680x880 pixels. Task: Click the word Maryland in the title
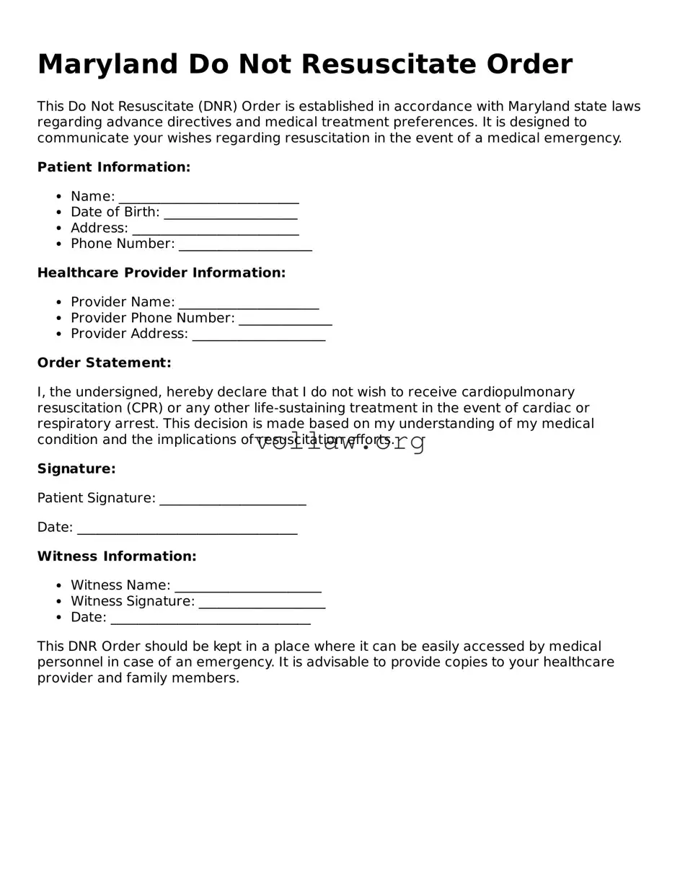point(108,65)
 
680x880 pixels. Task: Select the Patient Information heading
point(114,167)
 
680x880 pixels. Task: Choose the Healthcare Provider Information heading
point(162,272)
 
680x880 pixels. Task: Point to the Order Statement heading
point(105,363)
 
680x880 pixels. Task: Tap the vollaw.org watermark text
point(340,442)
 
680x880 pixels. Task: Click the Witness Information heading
point(117,556)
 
